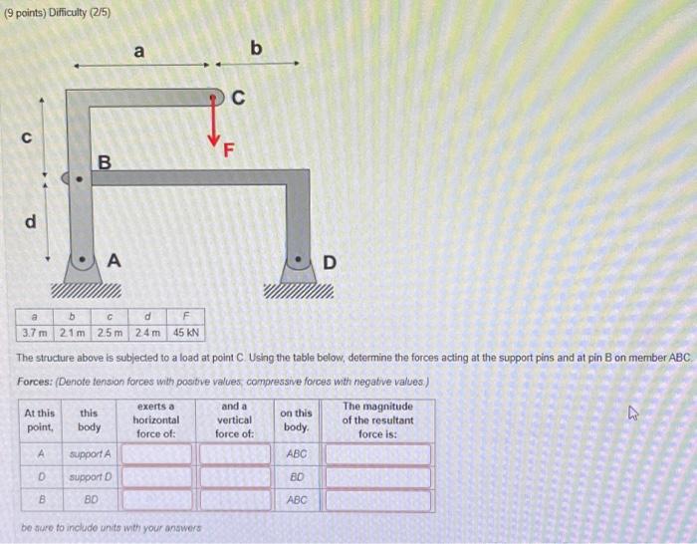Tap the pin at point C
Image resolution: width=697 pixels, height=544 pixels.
click(x=215, y=98)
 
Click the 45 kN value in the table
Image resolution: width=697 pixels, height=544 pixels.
click(x=186, y=332)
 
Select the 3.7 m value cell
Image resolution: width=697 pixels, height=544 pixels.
click(x=33, y=332)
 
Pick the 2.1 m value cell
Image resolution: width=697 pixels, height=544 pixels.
click(x=73, y=332)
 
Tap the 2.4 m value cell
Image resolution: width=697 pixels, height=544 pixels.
click(x=147, y=332)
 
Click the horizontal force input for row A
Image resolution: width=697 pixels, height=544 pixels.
click(x=157, y=454)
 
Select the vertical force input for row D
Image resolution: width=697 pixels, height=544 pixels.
click(x=234, y=476)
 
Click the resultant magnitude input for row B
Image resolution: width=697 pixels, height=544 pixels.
click(x=377, y=499)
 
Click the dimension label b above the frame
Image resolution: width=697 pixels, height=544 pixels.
click(x=255, y=47)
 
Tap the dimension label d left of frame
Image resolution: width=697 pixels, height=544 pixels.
click(x=30, y=221)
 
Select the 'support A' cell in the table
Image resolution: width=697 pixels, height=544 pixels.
click(x=91, y=454)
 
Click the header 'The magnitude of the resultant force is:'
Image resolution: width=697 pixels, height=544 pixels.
click(x=377, y=419)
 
